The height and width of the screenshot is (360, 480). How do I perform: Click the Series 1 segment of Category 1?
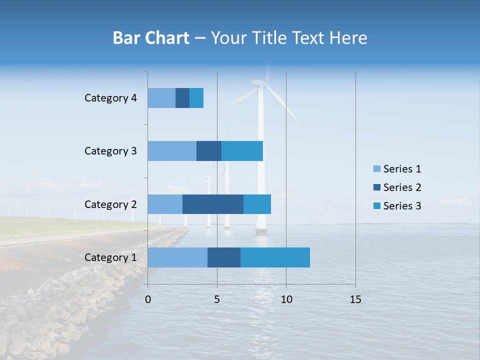[x=177, y=257]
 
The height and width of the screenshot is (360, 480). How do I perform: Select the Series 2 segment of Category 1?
[x=224, y=257]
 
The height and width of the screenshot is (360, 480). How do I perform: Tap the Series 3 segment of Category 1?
[x=275, y=257]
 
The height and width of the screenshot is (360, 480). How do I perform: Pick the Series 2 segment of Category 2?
[x=213, y=204]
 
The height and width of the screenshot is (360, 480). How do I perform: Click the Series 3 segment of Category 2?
[x=257, y=204]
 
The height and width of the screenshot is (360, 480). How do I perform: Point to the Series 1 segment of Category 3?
[x=172, y=151]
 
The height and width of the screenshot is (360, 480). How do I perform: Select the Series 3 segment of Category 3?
[x=242, y=151]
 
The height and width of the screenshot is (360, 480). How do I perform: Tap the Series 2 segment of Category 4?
[x=182, y=98]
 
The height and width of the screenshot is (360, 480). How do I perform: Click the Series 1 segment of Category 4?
[x=161, y=98]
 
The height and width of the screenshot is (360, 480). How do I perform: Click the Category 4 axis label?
[x=110, y=98]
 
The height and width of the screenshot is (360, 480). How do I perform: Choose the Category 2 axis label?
[x=110, y=204]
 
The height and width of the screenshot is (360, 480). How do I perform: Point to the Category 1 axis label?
[x=110, y=257]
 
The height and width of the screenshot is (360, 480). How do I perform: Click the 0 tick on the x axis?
[x=148, y=299]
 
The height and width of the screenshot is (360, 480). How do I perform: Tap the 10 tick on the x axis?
[x=286, y=299]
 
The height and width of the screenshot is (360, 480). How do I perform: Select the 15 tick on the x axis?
[x=355, y=299]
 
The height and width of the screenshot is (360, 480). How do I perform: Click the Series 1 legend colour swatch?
[x=377, y=169]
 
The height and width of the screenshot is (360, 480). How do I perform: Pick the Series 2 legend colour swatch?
[x=377, y=187]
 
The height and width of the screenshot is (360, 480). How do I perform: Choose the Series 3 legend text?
[x=402, y=206]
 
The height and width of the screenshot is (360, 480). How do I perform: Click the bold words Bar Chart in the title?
[x=151, y=38]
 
